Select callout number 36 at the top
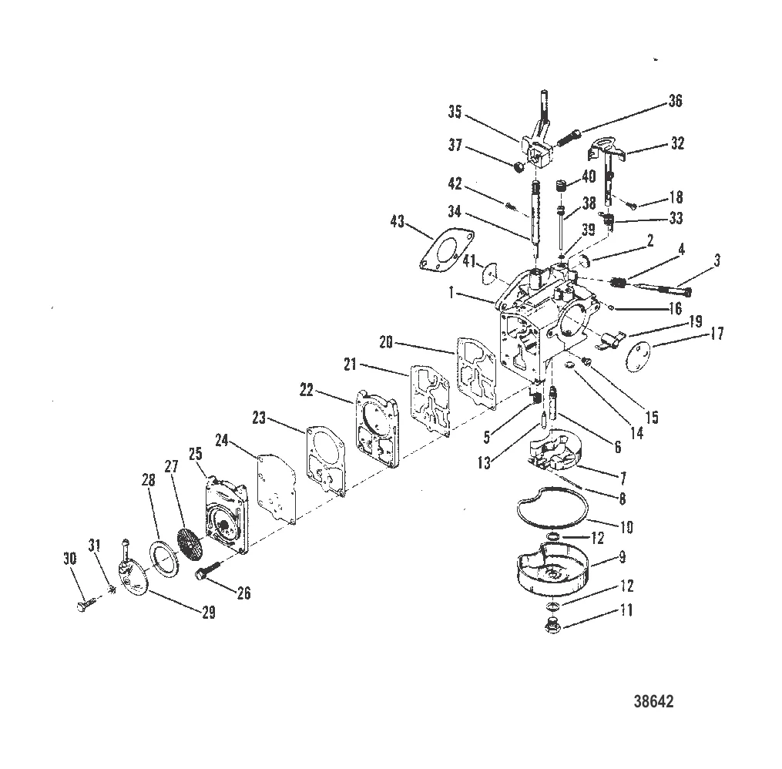(x=675, y=101)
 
